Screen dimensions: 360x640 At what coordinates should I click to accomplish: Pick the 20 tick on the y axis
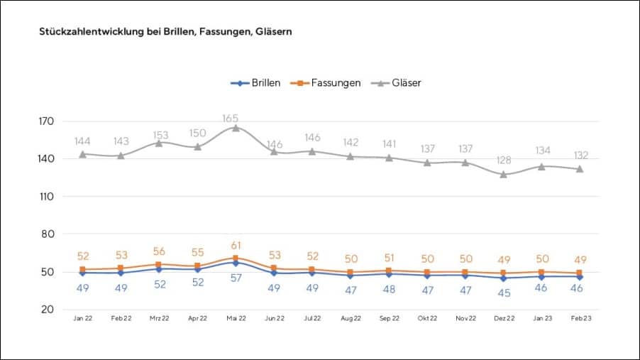48,310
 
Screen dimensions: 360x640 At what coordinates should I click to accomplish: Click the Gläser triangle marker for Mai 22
236,128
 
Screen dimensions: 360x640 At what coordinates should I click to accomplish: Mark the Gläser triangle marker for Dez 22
504,174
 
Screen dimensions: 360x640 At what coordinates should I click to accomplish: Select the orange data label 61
236,246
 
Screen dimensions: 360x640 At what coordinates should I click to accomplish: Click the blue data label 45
504,293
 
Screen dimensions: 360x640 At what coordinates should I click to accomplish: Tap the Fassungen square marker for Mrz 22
160,264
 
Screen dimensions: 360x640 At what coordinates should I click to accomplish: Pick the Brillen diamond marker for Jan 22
83,273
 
